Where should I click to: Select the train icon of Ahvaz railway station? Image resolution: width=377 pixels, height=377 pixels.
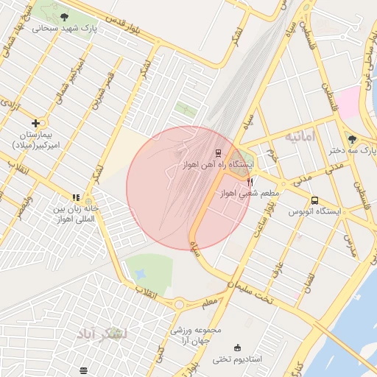(218, 153)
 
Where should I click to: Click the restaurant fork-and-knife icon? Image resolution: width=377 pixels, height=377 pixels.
(250, 182)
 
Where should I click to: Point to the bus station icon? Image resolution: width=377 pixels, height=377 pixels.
(315, 200)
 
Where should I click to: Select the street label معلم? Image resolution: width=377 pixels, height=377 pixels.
(209, 300)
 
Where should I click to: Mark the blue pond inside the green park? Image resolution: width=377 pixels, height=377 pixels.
(140, 275)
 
